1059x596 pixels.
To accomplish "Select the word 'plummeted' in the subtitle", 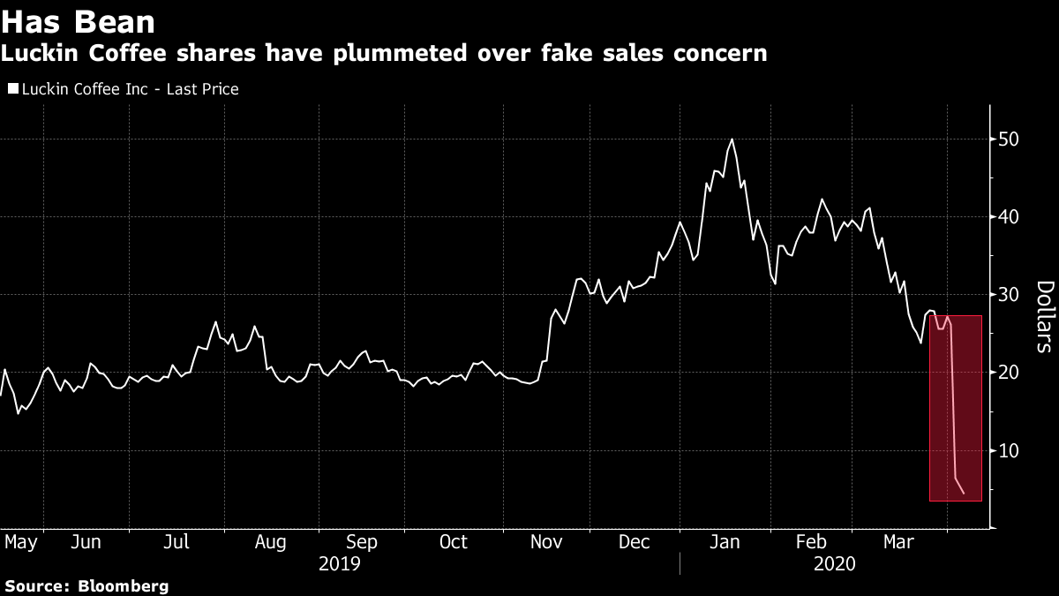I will point(434,54).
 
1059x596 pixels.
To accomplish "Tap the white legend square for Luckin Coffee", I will point(11,89).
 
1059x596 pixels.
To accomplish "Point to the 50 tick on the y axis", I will point(1010,140).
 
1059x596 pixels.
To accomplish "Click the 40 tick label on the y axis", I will point(1010,217).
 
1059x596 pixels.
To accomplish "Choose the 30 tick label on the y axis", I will point(1010,295).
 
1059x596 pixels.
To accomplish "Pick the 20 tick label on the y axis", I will point(1010,373).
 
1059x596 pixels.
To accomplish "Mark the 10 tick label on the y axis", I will point(1010,450).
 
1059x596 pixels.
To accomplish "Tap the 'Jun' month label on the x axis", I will point(86,541).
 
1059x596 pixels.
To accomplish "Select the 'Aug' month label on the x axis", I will point(271,541).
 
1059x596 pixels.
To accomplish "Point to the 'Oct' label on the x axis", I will point(454,541).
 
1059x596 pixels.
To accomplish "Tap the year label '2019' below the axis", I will point(339,562).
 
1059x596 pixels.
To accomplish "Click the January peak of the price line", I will point(732,140).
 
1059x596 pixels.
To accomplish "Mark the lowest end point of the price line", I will point(965,494).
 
